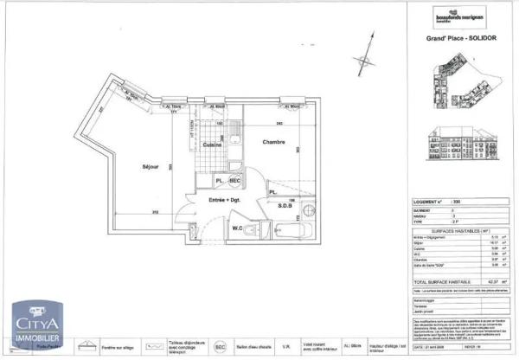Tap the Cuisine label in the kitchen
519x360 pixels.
[214, 145]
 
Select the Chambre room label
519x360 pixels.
[274, 141]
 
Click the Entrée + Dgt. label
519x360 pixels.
[223, 200]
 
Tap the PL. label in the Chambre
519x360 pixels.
[272, 192]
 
